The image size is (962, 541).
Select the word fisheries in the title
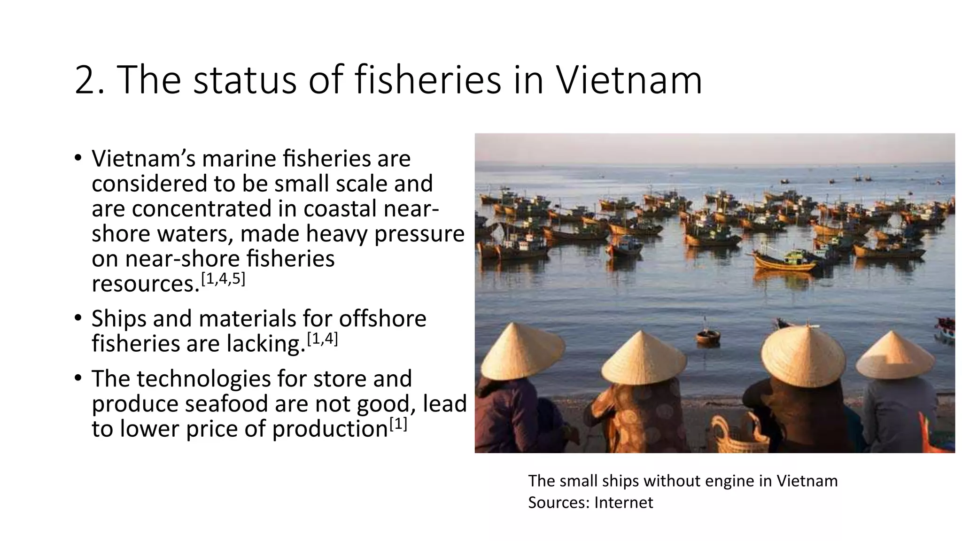pyautogui.click(x=428, y=80)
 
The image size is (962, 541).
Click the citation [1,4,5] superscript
pyautogui.click(x=223, y=279)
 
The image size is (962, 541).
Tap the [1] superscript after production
pyautogui.click(x=397, y=425)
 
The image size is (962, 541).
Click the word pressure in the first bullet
pyautogui.click(x=419, y=234)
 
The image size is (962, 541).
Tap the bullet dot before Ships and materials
pyautogui.click(x=78, y=317)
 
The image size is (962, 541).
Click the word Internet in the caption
pyautogui.click(x=623, y=503)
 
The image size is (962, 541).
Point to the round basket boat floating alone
pyautogui.click(x=708, y=336)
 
